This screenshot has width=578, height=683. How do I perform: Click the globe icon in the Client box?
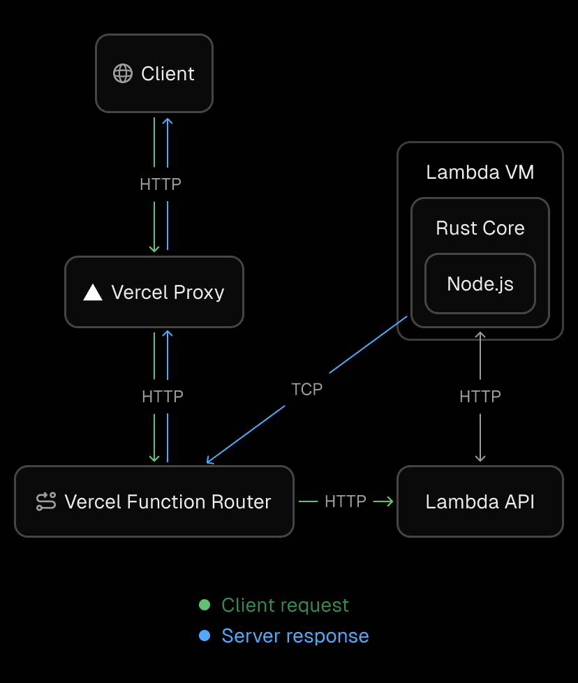click(123, 73)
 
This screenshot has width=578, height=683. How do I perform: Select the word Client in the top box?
click(168, 73)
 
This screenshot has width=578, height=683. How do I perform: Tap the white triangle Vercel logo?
click(93, 292)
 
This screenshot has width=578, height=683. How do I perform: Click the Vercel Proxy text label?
click(168, 292)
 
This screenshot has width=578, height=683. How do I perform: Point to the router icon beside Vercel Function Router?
click(46, 501)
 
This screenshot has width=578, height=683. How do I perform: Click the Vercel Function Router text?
click(168, 501)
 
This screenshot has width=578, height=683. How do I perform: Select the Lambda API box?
click(480, 501)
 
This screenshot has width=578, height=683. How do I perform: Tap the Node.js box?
click(480, 284)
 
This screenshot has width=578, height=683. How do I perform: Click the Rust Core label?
click(480, 228)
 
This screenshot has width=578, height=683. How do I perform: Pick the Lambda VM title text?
click(480, 172)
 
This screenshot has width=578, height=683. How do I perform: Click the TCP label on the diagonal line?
click(307, 389)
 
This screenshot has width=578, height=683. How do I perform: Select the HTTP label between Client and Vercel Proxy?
click(161, 184)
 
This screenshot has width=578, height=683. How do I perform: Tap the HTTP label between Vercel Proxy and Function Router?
click(162, 397)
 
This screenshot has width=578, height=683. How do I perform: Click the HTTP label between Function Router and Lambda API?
click(346, 501)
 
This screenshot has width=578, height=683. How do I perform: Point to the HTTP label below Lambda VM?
click(480, 397)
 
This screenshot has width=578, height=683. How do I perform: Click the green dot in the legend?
click(205, 605)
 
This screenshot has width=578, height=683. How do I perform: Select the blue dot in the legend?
click(205, 636)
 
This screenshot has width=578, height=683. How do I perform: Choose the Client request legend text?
click(285, 605)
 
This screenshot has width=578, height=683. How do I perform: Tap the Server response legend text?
click(295, 636)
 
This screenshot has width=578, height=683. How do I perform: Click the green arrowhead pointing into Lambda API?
click(387, 501)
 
